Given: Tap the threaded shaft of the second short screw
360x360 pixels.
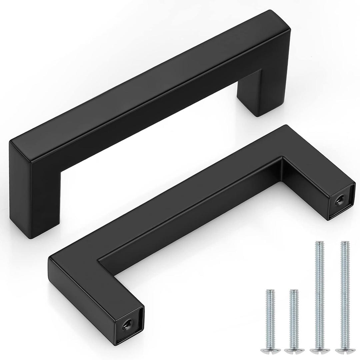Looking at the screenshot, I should pos(293,317).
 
